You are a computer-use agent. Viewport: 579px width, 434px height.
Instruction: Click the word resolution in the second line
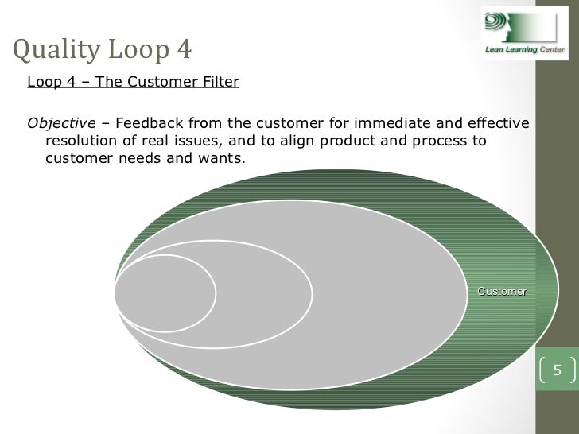tap(83, 141)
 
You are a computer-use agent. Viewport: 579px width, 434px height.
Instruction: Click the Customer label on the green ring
tap(501, 291)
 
